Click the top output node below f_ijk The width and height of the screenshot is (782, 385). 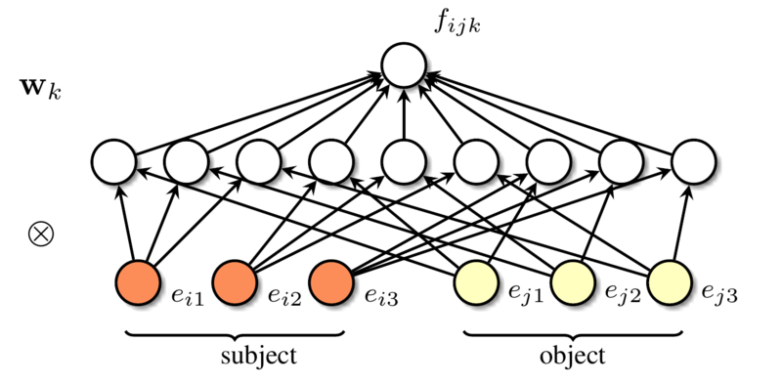tap(405, 66)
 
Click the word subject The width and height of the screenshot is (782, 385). tap(235, 356)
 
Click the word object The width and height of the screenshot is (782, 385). tap(572, 356)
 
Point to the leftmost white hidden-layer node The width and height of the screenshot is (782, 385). tap(110, 159)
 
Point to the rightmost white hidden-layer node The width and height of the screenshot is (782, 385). tap(693, 159)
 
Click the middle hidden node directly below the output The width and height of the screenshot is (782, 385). tap(403, 159)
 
